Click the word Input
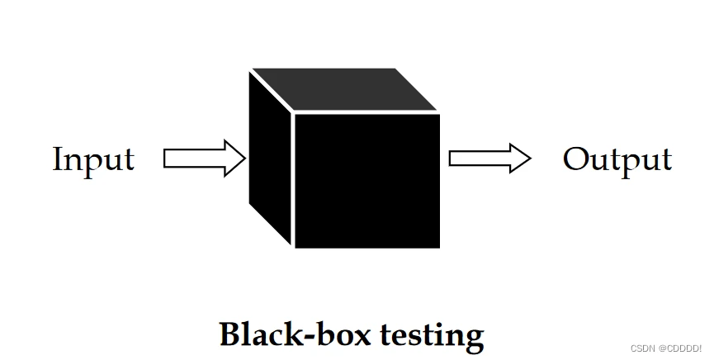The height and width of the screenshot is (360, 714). click(x=92, y=159)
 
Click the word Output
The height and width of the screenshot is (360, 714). click(x=617, y=159)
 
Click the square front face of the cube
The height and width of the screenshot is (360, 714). click(x=366, y=180)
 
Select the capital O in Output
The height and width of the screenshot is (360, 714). click(x=575, y=159)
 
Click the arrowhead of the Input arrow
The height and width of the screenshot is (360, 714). click(x=234, y=158)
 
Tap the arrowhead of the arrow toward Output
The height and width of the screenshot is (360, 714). click(x=519, y=158)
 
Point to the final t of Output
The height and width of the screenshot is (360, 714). click(x=666, y=159)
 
